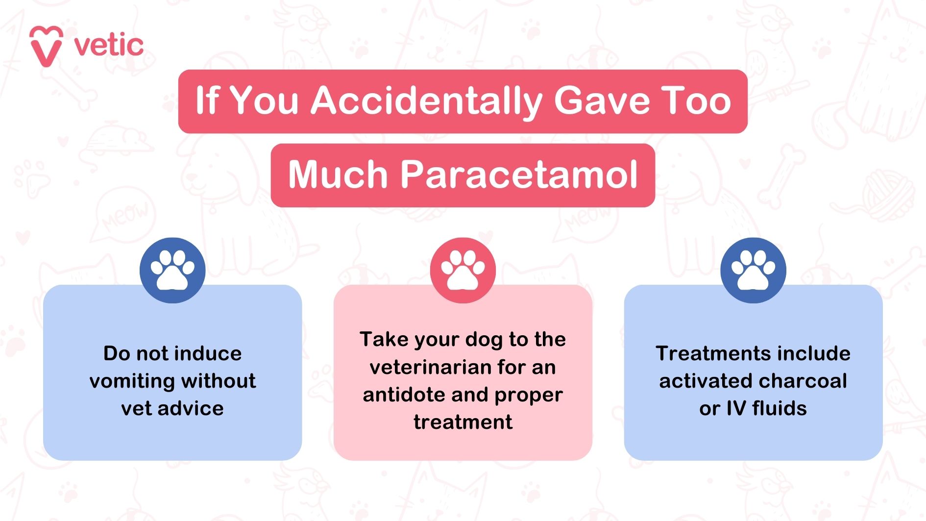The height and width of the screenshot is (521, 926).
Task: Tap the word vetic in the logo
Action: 109,46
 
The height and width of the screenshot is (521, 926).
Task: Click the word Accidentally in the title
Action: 426,101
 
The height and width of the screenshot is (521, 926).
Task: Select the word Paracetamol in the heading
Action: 519,174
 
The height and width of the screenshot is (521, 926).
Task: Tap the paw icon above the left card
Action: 172,270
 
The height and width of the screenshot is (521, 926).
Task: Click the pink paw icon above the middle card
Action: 463,270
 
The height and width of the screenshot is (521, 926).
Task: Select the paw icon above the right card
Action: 753,270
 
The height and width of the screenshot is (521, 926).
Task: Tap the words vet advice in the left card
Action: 172,408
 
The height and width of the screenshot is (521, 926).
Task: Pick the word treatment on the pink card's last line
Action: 463,422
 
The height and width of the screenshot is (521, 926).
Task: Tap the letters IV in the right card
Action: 736,408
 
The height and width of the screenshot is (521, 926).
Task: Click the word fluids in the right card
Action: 779,408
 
